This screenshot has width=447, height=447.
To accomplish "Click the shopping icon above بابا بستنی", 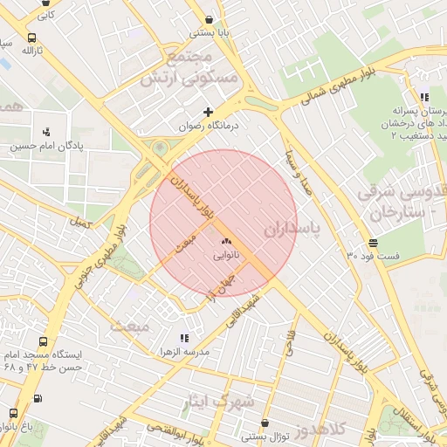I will point(209,19).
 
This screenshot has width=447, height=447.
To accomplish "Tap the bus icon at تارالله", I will point(31,38).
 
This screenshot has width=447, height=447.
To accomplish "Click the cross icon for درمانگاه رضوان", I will point(208,112).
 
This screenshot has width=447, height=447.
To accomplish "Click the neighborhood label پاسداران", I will point(292,229).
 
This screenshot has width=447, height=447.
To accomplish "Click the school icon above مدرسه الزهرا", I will point(183,338).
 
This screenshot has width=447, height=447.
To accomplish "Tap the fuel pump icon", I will point(37,399).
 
